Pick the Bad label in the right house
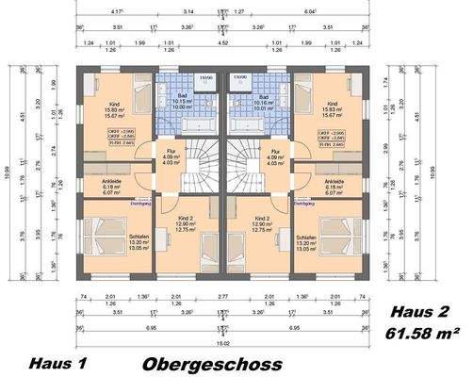pos(264,96)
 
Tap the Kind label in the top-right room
pos(332,104)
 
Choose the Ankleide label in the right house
pos(333,181)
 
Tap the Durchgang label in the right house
pos(303,201)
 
